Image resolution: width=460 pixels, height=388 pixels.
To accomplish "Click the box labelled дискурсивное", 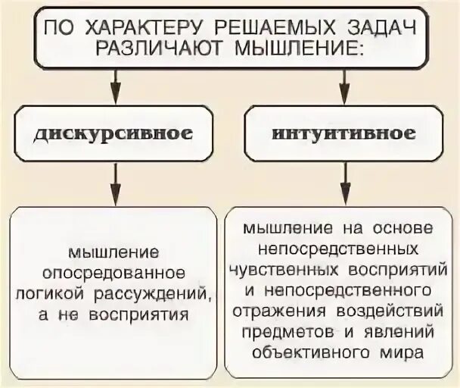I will point(113,133).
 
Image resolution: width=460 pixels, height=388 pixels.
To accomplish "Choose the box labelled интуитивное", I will point(344,133).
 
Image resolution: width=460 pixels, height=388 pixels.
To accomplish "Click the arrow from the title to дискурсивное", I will point(114,83).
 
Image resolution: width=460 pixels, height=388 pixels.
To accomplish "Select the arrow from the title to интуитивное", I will point(344,83).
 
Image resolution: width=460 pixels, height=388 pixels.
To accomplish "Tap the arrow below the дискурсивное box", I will point(114,182).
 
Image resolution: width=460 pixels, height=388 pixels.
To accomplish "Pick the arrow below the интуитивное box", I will point(344,182).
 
